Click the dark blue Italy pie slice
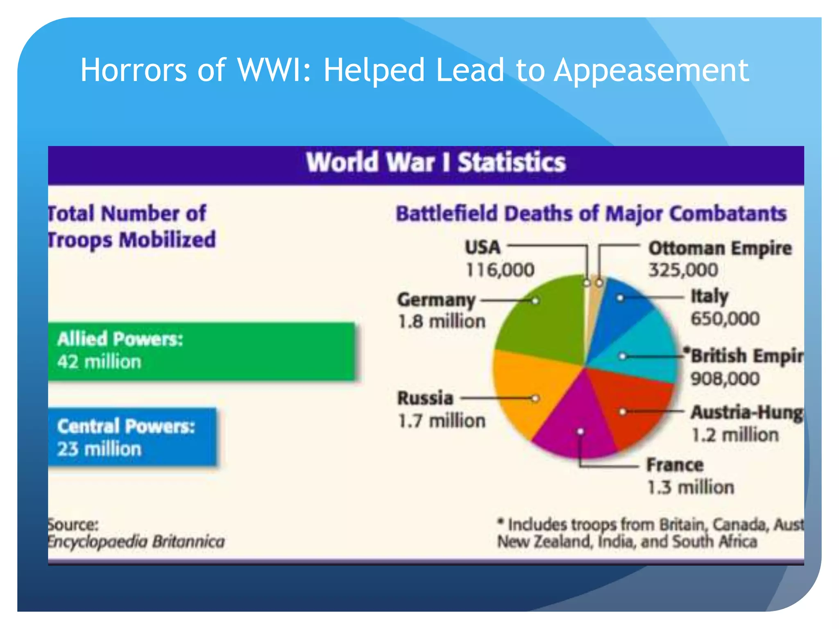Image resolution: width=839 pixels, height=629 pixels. click(x=623, y=307)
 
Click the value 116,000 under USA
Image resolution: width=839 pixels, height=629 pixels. click(x=500, y=270)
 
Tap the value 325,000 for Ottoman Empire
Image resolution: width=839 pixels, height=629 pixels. click(x=683, y=270)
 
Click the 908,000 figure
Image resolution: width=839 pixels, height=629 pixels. click(x=725, y=378)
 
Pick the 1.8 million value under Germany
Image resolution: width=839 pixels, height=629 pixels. click(x=442, y=321)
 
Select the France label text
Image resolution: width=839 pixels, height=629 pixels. click(x=675, y=465)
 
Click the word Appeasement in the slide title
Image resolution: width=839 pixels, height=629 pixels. click(x=651, y=70)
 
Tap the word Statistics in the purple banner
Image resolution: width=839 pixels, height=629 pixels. click(x=511, y=163)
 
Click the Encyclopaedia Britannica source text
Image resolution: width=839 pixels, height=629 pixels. click(x=136, y=542)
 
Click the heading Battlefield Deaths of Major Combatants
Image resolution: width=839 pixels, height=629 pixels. click(x=591, y=214)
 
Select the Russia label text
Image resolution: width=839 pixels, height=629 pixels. click(x=425, y=398)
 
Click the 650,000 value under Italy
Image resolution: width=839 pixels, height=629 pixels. click(x=725, y=319)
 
